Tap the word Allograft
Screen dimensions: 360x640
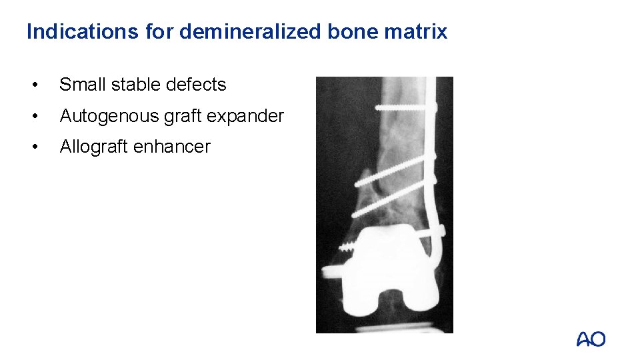(94, 147)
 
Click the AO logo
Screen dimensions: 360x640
(591, 339)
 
